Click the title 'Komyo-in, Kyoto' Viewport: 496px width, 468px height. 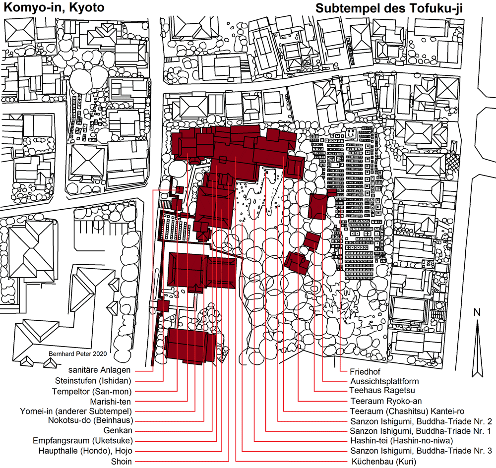pos(54,7)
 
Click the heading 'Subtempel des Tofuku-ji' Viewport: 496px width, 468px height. pos(389,8)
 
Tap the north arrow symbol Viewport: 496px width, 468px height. pos(477,348)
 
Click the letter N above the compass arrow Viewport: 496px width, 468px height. pos(477,312)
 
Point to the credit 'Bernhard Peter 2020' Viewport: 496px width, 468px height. pos(77,354)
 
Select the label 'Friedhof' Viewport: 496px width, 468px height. pos(365,371)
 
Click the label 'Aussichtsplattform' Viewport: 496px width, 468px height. pos(384,381)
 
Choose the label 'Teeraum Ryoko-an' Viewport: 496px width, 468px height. pos(386,401)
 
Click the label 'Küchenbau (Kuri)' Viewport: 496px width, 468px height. pos(384,462)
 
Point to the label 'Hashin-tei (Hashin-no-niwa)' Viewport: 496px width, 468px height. pos(402,441)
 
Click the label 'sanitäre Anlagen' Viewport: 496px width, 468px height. pos(99,370)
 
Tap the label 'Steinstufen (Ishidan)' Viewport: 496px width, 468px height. pos(93,380)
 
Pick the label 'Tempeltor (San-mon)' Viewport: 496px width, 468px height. pos(92,392)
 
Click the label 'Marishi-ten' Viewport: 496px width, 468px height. pos(111,402)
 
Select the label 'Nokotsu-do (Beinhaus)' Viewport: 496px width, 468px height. pos(90,420)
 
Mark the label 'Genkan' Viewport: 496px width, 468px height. pos(118,430)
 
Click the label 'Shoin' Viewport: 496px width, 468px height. pos(122,462)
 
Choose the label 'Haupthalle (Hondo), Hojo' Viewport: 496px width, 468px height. pos(85,451)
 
